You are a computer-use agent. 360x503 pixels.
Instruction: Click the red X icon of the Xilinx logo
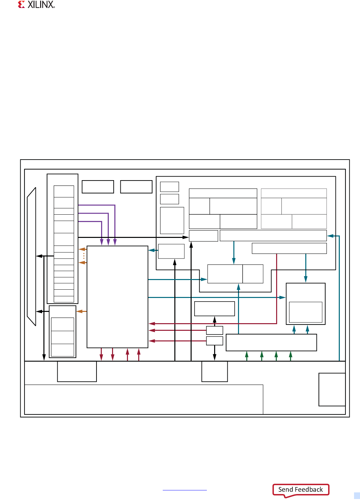[22, 4]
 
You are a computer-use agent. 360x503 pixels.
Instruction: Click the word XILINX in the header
[41, 5]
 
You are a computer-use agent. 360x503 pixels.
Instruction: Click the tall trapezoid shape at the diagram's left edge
[31, 256]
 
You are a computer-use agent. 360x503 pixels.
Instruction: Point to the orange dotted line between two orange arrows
[84, 256]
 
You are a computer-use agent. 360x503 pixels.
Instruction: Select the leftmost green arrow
[247, 356]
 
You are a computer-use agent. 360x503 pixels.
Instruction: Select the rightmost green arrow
[291, 356]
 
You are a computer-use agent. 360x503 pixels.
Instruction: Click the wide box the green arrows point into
[271, 342]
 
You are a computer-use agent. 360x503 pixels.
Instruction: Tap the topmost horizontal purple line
[96, 205]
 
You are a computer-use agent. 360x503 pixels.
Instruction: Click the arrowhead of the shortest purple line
[102, 243]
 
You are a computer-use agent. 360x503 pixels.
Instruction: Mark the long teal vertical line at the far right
[339, 299]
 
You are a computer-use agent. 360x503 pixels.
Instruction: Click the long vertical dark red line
[276, 289]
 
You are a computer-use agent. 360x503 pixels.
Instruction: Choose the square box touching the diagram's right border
[332, 390]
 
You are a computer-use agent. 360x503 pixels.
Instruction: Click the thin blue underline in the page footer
[185, 490]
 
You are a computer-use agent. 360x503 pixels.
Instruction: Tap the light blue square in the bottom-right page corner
[357, 496]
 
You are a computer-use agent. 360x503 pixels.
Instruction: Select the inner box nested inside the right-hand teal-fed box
[306, 312]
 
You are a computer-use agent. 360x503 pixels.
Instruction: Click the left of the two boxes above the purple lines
[98, 187]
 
